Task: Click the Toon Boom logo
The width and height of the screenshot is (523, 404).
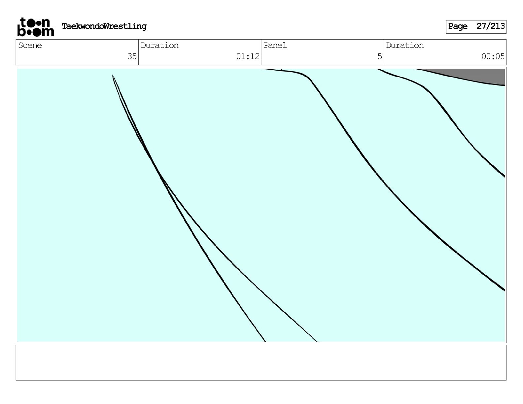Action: point(35,27)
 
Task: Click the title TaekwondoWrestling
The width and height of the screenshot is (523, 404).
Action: point(104,26)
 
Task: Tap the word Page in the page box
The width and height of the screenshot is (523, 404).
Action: point(458,26)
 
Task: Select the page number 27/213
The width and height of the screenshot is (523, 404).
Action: point(491,26)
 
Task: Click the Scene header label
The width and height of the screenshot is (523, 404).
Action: point(30,46)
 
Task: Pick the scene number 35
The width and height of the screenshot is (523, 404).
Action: point(132,56)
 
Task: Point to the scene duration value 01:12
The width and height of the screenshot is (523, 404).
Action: point(248,56)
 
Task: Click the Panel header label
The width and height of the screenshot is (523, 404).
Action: point(275,46)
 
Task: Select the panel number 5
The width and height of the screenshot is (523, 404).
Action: point(380,56)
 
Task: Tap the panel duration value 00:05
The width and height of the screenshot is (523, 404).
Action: point(493,56)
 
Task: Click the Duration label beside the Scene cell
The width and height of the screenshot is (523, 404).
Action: point(159,46)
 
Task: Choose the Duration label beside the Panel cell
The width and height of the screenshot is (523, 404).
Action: point(405,46)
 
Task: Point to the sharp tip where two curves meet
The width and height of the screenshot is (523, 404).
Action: point(113,76)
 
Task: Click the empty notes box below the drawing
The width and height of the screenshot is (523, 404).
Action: point(261,362)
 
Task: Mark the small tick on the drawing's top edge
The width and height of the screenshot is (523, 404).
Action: point(281,69)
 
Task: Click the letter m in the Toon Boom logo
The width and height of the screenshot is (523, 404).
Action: point(48,32)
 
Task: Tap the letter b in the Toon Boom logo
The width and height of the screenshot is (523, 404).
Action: point(21,31)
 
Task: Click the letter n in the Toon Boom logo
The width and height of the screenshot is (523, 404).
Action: point(46,23)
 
